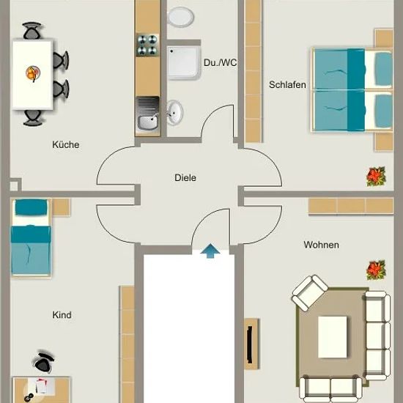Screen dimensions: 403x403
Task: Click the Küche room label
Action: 66,144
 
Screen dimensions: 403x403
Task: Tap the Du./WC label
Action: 220,62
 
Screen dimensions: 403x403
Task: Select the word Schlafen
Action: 287,84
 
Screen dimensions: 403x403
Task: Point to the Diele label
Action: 185,177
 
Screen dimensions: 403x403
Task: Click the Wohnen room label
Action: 321,245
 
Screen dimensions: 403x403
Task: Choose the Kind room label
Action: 62,315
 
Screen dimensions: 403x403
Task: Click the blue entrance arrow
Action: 210,251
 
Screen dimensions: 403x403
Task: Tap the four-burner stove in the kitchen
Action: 147,45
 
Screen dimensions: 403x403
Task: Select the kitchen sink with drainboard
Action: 148,114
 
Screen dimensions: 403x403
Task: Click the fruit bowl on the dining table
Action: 33,73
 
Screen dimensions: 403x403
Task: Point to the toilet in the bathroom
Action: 181,17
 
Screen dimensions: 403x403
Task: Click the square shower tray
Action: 183,63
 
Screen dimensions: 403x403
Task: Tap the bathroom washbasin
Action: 175,113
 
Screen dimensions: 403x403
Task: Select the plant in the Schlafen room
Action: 376,177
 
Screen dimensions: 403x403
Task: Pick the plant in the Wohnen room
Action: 376,270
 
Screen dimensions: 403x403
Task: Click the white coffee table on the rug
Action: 333,337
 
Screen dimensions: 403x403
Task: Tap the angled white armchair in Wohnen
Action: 309,293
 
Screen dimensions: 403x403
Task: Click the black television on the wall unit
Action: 250,344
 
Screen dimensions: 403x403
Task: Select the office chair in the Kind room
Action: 44,362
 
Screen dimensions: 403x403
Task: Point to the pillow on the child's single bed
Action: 31,207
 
